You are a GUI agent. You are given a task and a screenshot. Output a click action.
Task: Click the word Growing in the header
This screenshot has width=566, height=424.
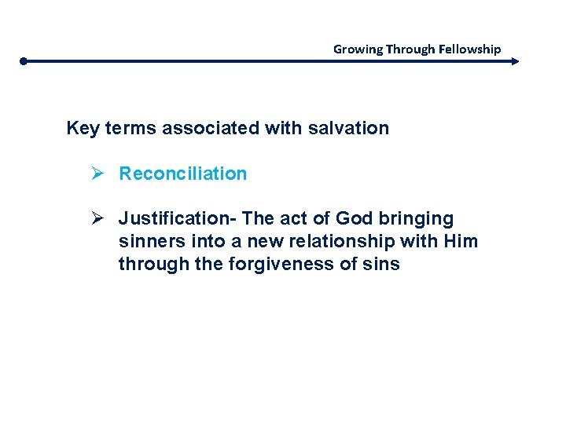[358, 49]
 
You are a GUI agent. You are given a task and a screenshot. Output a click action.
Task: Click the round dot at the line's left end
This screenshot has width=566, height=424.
[24, 60]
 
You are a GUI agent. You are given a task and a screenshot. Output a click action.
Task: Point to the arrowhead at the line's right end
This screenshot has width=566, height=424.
[515, 60]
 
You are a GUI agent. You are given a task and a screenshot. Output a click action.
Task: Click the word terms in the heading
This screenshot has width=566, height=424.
[130, 128]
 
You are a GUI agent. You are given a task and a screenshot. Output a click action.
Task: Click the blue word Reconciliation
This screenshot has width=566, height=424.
[182, 174]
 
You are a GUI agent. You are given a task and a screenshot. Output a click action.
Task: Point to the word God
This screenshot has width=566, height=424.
[354, 218]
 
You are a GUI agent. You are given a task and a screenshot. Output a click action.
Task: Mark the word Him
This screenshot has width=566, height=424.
[460, 241]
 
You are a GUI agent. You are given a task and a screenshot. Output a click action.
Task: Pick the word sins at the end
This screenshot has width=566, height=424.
[381, 265]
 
